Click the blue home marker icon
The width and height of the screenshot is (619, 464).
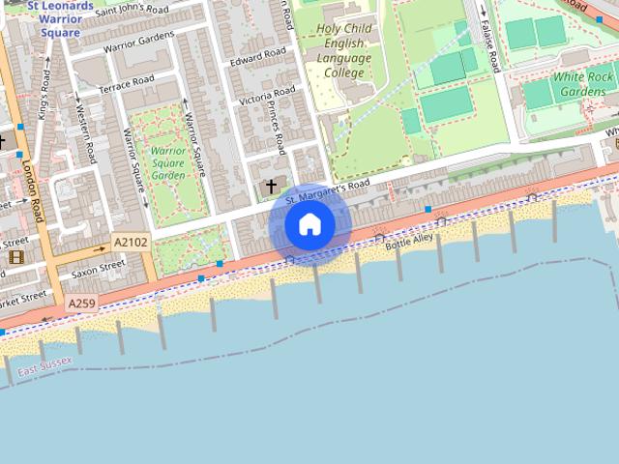(x=309, y=224)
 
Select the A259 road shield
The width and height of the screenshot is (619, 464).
(x=81, y=304)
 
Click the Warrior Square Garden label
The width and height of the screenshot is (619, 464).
(x=167, y=163)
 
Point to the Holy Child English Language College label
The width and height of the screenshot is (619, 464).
(x=342, y=51)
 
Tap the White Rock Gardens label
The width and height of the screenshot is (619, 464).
(x=583, y=83)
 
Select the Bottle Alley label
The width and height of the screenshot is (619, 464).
(x=410, y=242)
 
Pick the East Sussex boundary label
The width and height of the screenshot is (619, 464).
(x=44, y=367)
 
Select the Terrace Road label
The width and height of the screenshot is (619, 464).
(x=127, y=85)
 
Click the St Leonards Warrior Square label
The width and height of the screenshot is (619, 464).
(x=60, y=19)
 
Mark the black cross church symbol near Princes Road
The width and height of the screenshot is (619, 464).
(x=271, y=184)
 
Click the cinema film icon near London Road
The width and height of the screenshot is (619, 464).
(x=16, y=256)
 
